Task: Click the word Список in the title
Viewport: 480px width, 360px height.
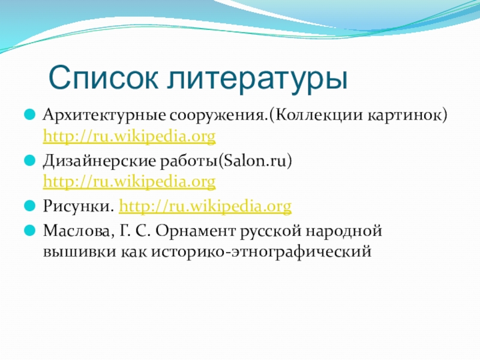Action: click(103, 77)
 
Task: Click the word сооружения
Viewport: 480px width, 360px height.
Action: click(218, 116)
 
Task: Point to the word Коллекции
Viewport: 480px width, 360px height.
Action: click(317, 116)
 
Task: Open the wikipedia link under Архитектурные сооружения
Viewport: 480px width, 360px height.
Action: click(129, 136)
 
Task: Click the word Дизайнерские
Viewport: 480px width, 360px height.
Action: click(100, 161)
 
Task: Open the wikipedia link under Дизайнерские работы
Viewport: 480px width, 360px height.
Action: click(129, 182)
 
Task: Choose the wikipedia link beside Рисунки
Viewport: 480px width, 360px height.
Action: click(205, 206)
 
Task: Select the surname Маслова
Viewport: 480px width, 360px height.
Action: click(77, 231)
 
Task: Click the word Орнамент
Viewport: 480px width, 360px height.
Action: click(196, 231)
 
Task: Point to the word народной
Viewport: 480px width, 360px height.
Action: click(344, 231)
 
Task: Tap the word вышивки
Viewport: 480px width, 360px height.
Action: click(80, 252)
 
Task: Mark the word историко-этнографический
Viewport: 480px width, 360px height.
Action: click(261, 252)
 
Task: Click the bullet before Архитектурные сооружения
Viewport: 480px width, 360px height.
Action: click(29, 115)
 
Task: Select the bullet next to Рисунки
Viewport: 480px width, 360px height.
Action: click(29, 206)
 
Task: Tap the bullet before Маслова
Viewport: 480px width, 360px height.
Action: click(29, 230)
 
